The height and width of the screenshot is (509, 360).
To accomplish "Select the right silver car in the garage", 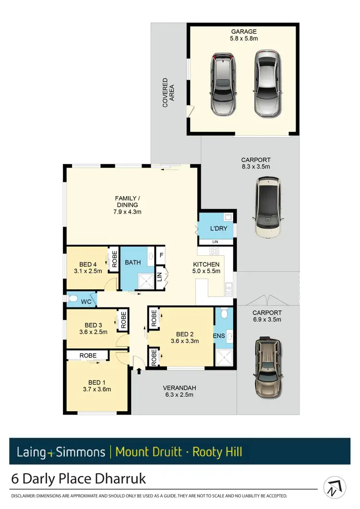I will click(x=266, y=84).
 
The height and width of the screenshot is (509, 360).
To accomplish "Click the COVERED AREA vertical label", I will click(x=168, y=92).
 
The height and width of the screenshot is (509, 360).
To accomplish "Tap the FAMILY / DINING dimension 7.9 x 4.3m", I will click(x=127, y=212).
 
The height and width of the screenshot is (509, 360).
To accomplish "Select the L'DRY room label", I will click(x=218, y=229).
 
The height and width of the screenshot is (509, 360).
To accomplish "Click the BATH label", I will click(x=132, y=263).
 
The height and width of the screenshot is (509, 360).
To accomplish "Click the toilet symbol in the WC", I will click(x=73, y=300).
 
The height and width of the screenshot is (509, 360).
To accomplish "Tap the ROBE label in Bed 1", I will click(x=88, y=355).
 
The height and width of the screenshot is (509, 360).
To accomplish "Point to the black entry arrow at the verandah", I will click(x=139, y=371).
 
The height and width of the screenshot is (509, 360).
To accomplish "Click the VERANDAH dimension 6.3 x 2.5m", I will click(x=180, y=395).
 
